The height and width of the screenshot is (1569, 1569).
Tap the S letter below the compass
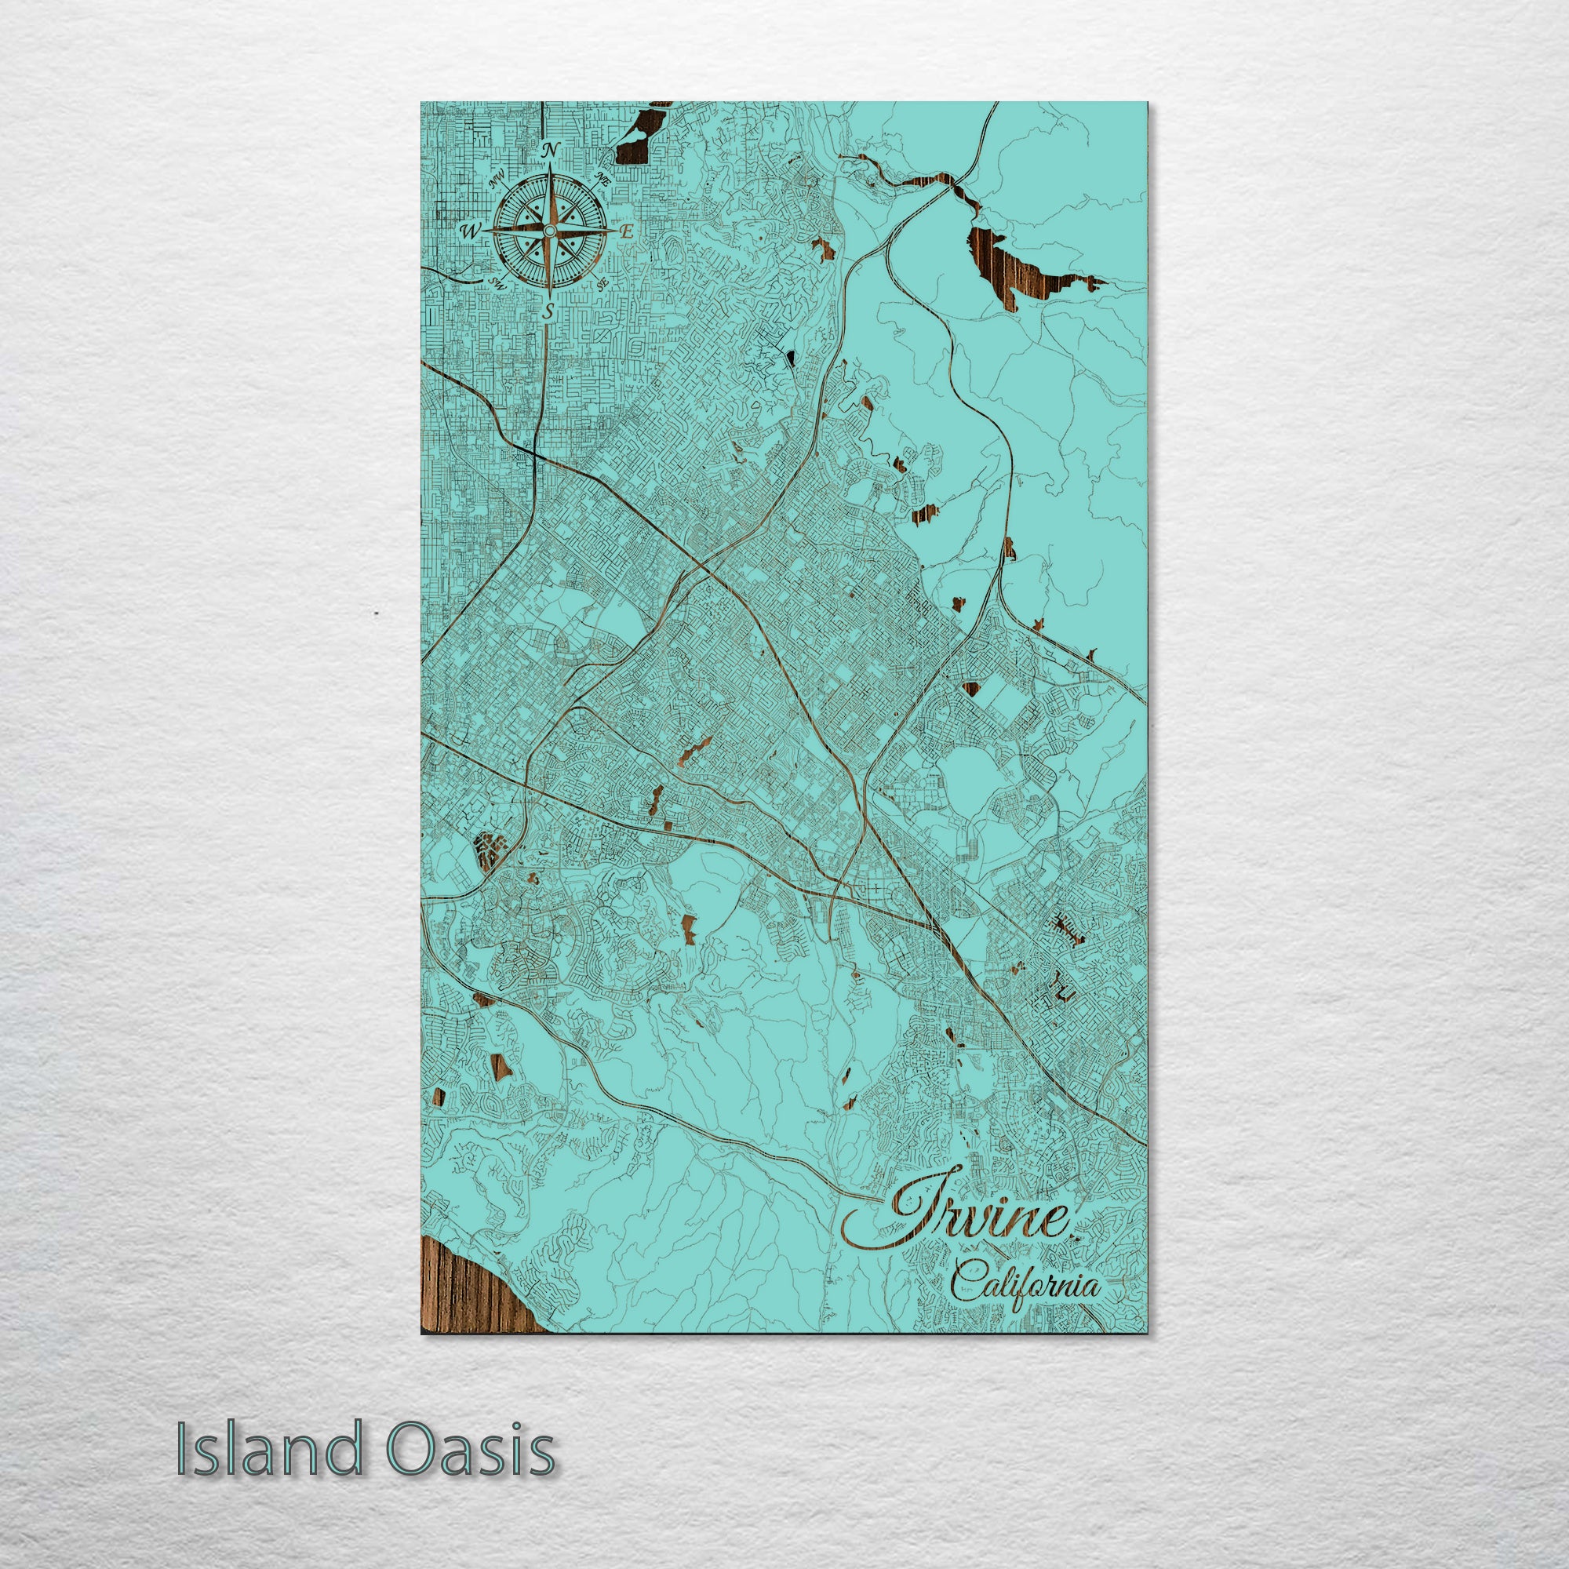click(550, 310)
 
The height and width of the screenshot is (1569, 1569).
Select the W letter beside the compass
click(470, 231)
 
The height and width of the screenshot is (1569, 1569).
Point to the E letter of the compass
click(626, 231)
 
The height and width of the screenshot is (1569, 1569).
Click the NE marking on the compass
click(602, 179)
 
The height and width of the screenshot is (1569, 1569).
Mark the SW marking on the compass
click(497, 282)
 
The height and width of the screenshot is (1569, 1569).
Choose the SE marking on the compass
click(602, 283)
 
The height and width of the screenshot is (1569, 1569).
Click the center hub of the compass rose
click(549, 231)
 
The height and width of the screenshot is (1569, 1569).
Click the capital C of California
click(966, 1284)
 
